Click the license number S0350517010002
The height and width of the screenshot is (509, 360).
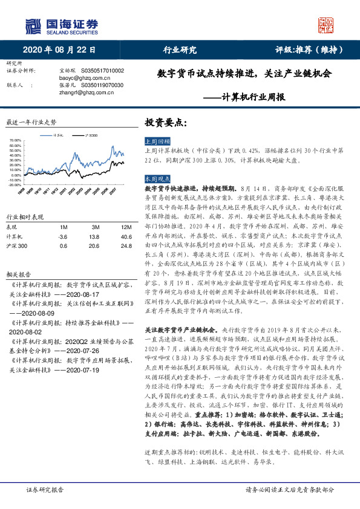[102, 71]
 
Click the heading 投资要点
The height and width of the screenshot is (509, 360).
[162, 122]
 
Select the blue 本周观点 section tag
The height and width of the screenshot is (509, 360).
[155, 180]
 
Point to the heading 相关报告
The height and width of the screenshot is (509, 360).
[16, 256]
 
